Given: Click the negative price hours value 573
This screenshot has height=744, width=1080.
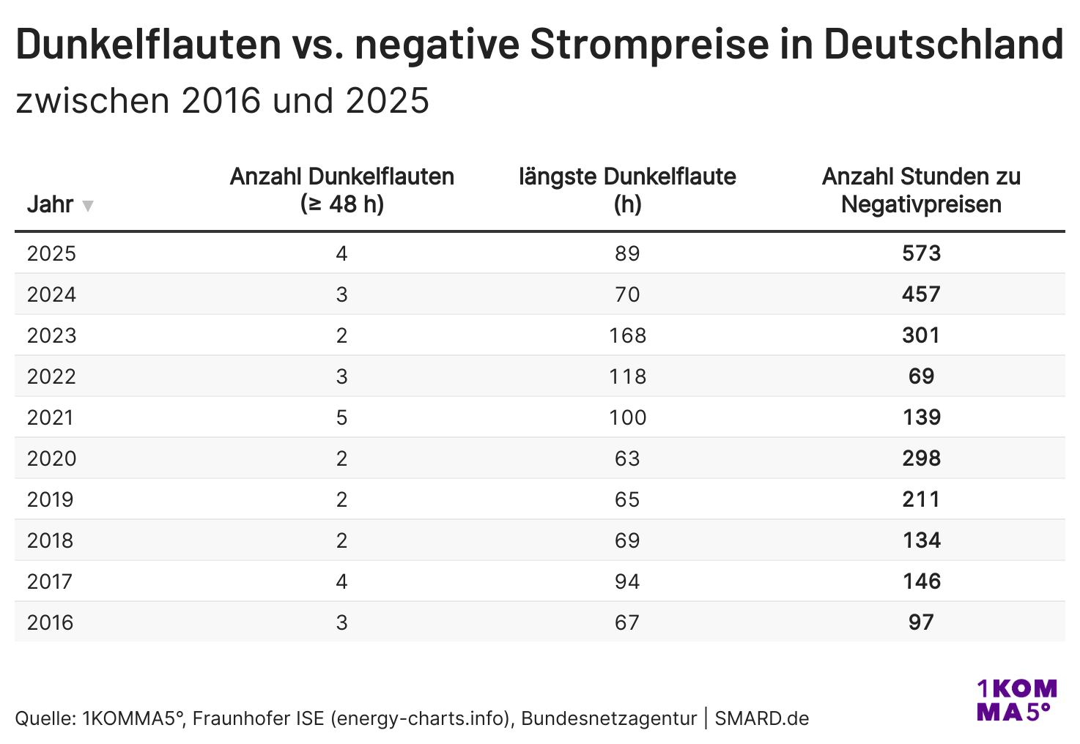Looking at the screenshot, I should click(x=921, y=253).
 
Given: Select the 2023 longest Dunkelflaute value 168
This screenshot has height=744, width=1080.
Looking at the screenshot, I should click(x=627, y=335).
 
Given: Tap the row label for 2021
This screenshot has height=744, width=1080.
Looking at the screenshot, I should click(x=51, y=417).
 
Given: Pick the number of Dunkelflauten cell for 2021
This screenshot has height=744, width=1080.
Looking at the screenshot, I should click(x=341, y=417).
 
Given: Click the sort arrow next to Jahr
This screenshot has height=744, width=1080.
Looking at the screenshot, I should click(x=87, y=206).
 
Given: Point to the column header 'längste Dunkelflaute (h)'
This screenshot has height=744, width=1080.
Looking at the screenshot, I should click(x=627, y=190).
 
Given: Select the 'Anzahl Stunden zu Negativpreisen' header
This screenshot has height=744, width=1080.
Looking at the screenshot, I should click(x=921, y=190).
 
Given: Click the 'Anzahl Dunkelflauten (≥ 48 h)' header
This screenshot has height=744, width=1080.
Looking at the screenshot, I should click(x=341, y=190).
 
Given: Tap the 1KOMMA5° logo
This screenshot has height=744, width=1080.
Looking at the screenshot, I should click(x=1017, y=700).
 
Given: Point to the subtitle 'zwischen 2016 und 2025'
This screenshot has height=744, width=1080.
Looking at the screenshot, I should click(x=223, y=101).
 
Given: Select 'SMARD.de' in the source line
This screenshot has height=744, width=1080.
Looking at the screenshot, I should click(x=762, y=718).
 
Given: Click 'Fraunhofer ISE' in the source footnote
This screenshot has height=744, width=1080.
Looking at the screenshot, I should click(x=259, y=718).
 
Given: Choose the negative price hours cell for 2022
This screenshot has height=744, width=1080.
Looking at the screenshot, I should click(x=921, y=376).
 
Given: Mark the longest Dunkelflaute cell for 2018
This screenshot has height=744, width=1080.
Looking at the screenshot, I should click(x=627, y=540).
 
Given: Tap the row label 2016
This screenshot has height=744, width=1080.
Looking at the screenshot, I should click(x=51, y=622).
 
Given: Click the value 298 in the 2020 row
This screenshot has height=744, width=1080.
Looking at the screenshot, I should click(x=921, y=458).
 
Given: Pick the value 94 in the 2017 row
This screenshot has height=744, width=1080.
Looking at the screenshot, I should click(x=627, y=581).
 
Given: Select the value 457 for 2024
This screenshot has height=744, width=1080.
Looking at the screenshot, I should click(x=921, y=294).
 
